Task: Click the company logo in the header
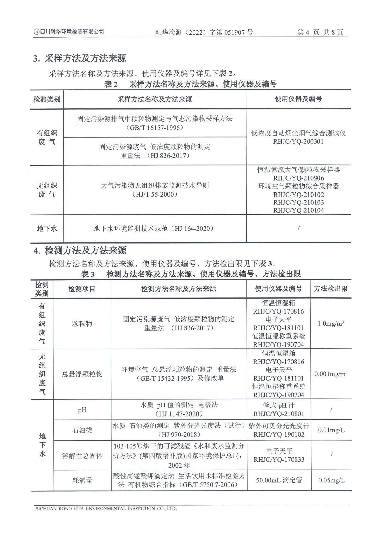point(36,32)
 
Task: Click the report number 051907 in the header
point(235,32)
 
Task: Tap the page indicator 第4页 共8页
point(320,32)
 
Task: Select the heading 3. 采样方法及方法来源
point(79,58)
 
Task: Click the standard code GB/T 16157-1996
point(155,128)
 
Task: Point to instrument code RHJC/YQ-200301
point(298,142)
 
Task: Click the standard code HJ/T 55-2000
point(155,194)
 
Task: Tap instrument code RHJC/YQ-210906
point(298,178)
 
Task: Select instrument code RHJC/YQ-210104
point(298,210)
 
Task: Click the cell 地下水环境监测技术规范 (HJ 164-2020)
point(154,229)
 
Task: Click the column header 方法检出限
point(331,289)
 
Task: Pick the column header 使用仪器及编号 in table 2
point(298,99)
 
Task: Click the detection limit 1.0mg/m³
point(331,323)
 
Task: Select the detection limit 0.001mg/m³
point(331,374)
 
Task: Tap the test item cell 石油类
point(82,430)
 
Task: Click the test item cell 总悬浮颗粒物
point(82,374)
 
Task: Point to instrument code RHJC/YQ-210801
point(279,414)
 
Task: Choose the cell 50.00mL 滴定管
point(279,480)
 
